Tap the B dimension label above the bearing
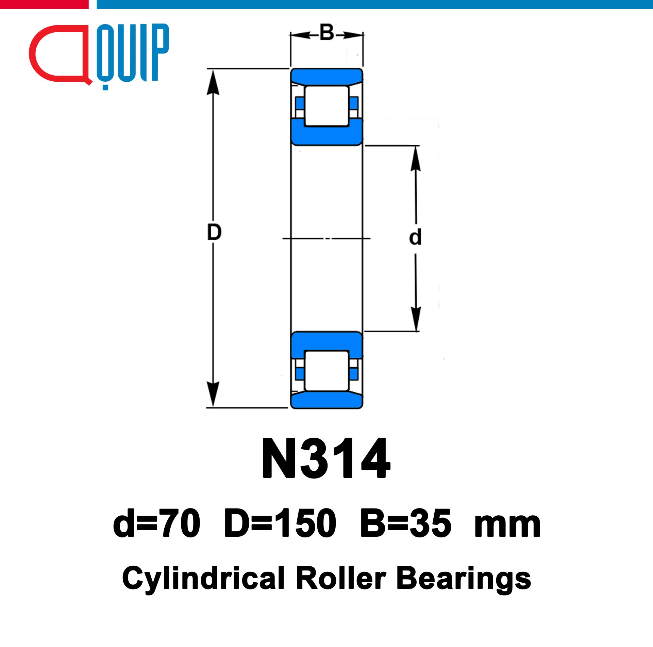point(327,33)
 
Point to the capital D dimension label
point(214,232)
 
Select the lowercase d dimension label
point(415,237)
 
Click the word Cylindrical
point(203,579)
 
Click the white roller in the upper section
point(326,106)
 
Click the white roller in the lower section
point(326,371)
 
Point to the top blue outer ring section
point(326,76)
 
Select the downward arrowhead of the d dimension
point(416,318)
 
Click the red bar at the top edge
point(44,4)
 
